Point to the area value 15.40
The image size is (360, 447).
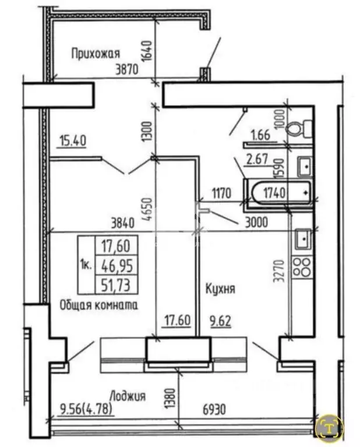tap(72, 140)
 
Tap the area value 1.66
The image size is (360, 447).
tap(260, 136)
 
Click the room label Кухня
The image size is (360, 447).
tap(219, 289)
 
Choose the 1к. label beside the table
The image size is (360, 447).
tap(84, 265)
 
